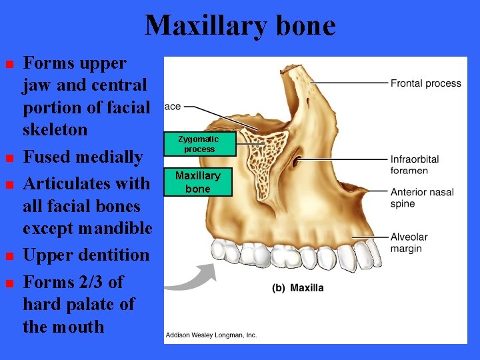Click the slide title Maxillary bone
pyautogui.click(x=240, y=26)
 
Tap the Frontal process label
pyautogui.click(x=425, y=83)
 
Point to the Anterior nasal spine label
pyautogui.click(x=422, y=197)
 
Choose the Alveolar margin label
pyautogui.click(x=409, y=243)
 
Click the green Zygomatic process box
pyautogui.click(x=199, y=144)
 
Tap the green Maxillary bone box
pyautogui.click(x=198, y=182)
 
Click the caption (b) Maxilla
pyautogui.click(x=297, y=288)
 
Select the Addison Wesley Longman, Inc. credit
pyautogui.click(x=211, y=335)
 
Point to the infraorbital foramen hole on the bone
pyautogui.click(x=297, y=161)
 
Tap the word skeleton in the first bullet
pyautogui.click(x=55, y=129)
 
